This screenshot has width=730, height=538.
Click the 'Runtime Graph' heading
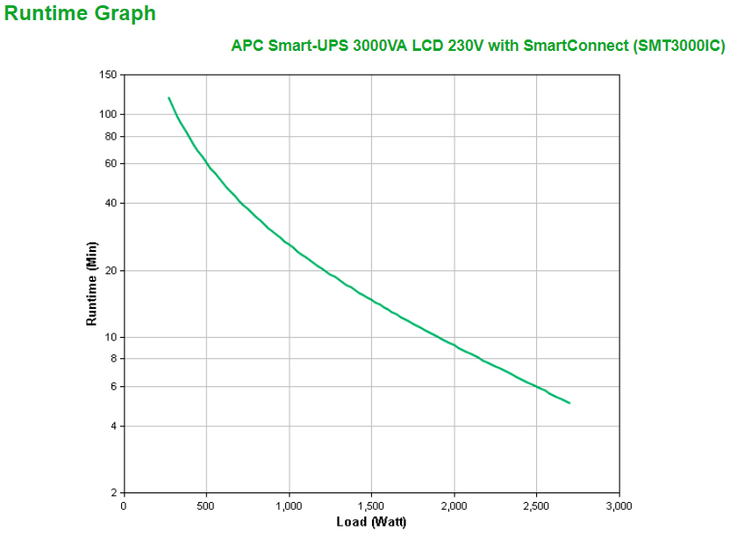(x=81, y=14)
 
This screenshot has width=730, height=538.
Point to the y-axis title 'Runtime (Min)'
(x=91, y=283)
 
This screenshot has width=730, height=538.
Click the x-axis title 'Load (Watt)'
(x=371, y=522)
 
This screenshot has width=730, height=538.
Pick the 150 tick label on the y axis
(x=107, y=75)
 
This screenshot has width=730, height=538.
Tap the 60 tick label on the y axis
(x=110, y=163)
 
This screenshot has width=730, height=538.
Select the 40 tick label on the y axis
(x=110, y=203)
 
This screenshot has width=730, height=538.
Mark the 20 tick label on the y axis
(x=110, y=270)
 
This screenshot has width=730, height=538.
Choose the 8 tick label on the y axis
(x=112, y=358)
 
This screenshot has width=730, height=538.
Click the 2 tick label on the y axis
(x=112, y=492)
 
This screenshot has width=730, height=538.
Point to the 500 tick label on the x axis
(x=206, y=506)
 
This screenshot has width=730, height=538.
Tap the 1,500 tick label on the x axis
(x=371, y=506)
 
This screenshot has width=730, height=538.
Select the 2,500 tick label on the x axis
(x=536, y=506)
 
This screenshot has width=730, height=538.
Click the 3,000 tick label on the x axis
(x=619, y=506)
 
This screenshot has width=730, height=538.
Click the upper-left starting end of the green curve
(x=168, y=97)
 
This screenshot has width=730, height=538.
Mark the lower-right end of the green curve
(x=569, y=403)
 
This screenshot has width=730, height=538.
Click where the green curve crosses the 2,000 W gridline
(x=454, y=345)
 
